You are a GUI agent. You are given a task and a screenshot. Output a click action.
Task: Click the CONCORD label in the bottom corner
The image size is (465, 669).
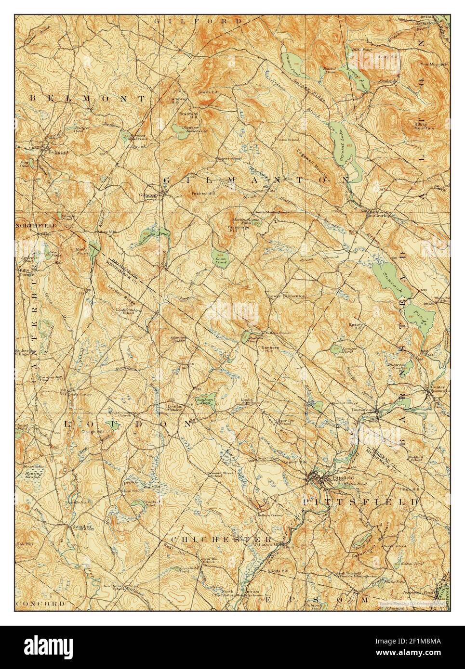click(x=40, y=603)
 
